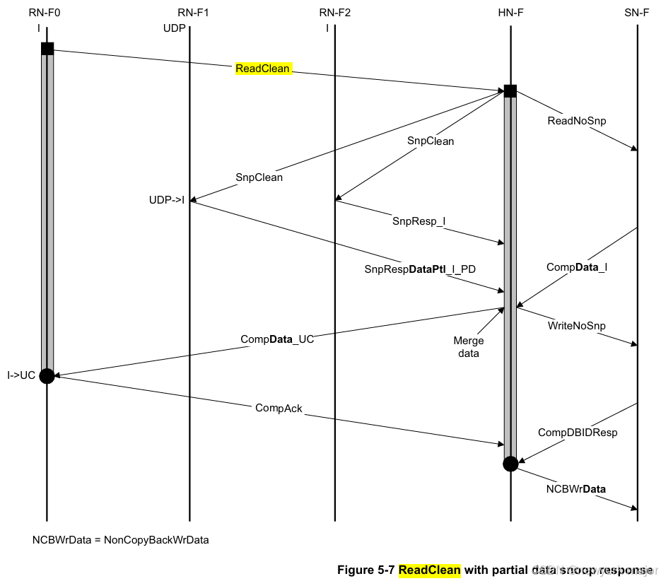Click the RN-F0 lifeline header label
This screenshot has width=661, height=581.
pos(46,13)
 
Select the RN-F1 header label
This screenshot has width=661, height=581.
pos(189,13)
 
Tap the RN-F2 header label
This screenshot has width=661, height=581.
pos(334,13)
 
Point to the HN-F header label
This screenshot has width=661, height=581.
pos(510,13)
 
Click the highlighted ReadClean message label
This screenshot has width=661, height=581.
pos(263,69)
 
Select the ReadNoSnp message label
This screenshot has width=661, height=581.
pos(577,121)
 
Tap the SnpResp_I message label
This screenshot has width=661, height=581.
pos(419,221)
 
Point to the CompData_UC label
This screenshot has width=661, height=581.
pos(277,339)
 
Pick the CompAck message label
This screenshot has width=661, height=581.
pos(279,408)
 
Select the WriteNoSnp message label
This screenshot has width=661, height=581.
pos(577,326)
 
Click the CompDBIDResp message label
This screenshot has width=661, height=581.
pos(578,432)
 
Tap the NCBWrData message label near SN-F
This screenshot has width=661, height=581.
pos(575,488)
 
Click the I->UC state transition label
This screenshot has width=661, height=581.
pos(21,375)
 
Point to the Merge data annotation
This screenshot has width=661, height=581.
pos(469,346)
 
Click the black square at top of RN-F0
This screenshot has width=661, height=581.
pos(47,49)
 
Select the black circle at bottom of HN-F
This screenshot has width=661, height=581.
pos(510,464)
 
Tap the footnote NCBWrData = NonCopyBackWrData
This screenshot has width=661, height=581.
pos(120,540)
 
